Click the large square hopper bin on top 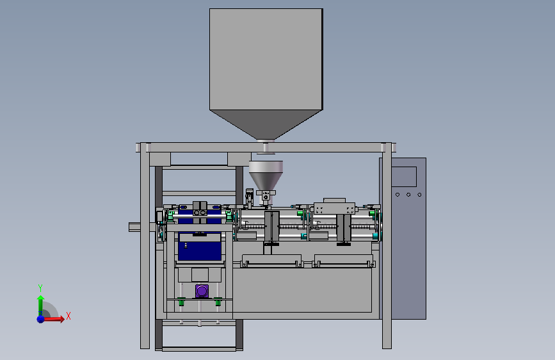click(266, 59)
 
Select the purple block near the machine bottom click(202, 291)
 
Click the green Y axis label click(40, 288)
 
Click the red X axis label click(68, 316)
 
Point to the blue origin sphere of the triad click(41, 319)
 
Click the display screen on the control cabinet click(404, 176)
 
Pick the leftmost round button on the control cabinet click(398, 195)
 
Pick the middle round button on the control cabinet click(408, 195)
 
